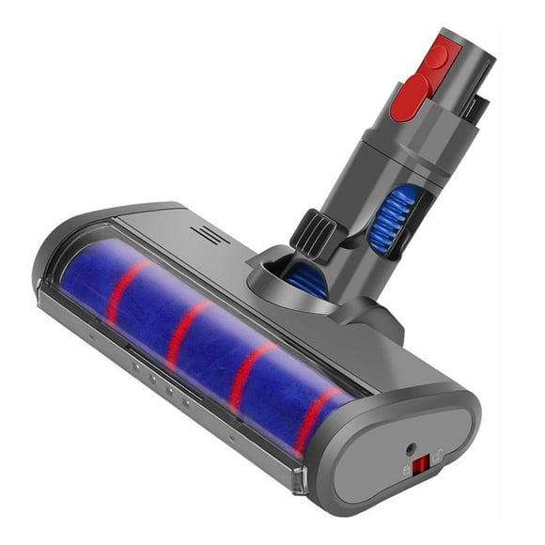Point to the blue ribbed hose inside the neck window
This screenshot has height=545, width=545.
coord(381,217)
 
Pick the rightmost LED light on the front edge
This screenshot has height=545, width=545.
coord(186,401)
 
